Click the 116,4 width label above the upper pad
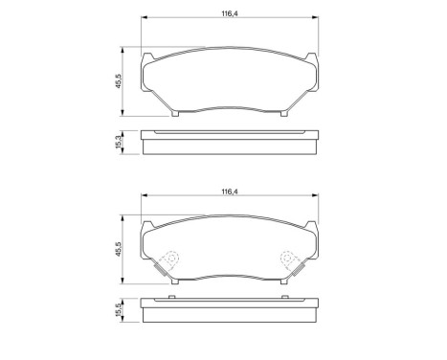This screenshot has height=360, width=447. (x=227, y=13)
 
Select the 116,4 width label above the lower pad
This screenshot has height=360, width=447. (x=229, y=192)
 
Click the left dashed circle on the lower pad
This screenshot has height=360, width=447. (x=169, y=259)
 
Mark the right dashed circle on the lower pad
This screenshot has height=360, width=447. (x=287, y=259)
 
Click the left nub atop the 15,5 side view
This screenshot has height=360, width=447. (x=170, y=301)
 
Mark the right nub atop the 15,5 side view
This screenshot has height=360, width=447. (x=286, y=301)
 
